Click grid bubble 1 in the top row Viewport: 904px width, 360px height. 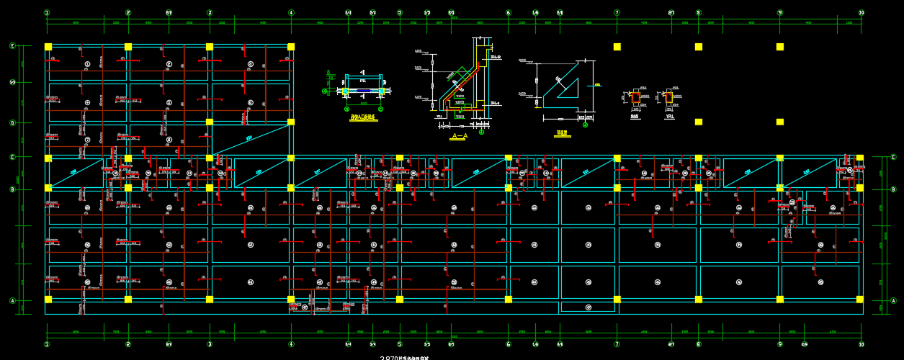[x=47, y=12]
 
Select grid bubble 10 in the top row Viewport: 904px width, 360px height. [x=862, y=12]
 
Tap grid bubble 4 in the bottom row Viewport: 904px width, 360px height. [x=291, y=344]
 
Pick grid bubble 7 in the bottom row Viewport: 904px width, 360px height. [x=617, y=344]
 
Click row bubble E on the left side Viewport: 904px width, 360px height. [x=12, y=46]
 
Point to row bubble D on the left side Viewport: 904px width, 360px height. [x=12, y=122]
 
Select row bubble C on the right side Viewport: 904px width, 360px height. [x=894, y=157]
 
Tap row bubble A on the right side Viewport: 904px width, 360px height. [x=894, y=301]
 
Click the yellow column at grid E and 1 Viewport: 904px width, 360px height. [x=48, y=47]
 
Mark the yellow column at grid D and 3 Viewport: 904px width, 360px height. [x=210, y=122]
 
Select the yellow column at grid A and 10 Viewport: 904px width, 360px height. [x=860, y=299]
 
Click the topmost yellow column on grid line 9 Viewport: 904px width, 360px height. [x=780, y=47]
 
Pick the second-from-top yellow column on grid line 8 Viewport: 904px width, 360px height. [x=699, y=122]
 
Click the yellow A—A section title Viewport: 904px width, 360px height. [x=459, y=136]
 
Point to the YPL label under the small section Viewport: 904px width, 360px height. [x=670, y=116]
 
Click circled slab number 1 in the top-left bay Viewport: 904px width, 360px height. [x=88, y=64]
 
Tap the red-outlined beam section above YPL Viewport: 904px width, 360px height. [x=668, y=97]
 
